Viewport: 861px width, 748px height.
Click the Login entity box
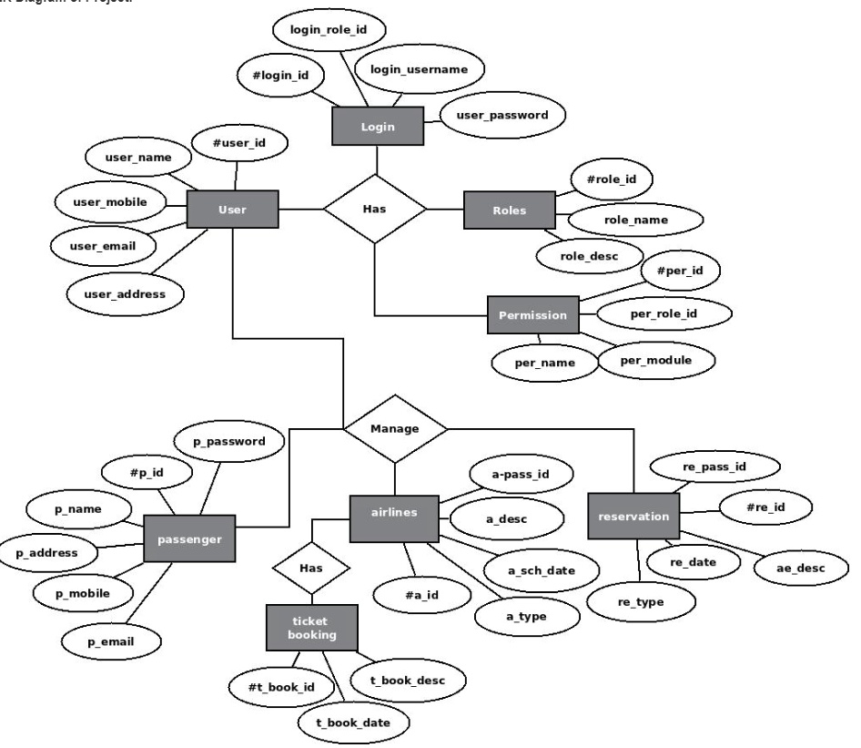pyautogui.click(x=378, y=127)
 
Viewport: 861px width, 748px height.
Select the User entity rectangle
pyautogui.click(x=231, y=210)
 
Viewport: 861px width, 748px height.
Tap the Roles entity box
pyautogui.click(x=509, y=210)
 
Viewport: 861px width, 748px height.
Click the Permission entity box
pyautogui.click(x=532, y=315)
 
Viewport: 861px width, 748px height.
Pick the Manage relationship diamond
pyautogui.click(x=395, y=427)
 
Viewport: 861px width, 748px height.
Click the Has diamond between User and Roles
pyautogui.click(x=374, y=209)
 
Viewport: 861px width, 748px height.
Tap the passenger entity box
pyautogui.click(x=189, y=538)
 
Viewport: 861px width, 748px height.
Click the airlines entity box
pyautogui.click(x=395, y=513)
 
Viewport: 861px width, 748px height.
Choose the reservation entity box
pyautogui.click(x=633, y=517)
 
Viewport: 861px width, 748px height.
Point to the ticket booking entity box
pyautogui.click(x=312, y=628)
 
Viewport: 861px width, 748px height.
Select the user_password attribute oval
pyautogui.click(x=502, y=116)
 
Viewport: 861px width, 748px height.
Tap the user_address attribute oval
pyautogui.click(x=126, y=293)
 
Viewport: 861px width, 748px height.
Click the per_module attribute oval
pyautogui.click(x=655, y=360)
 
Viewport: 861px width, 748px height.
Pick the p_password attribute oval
pyautogui.click(x=228, y=441)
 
